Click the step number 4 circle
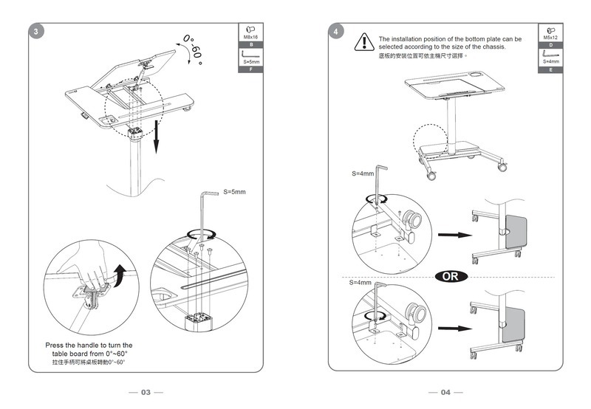(337, 32)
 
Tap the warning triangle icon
(363, 41)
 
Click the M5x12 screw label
(550, 36)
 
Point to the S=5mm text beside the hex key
(234, 191)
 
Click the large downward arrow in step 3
(156, 136)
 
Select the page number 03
(146, 392)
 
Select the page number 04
(445, 392)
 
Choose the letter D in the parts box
(550, 45)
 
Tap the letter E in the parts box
(550, 69)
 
